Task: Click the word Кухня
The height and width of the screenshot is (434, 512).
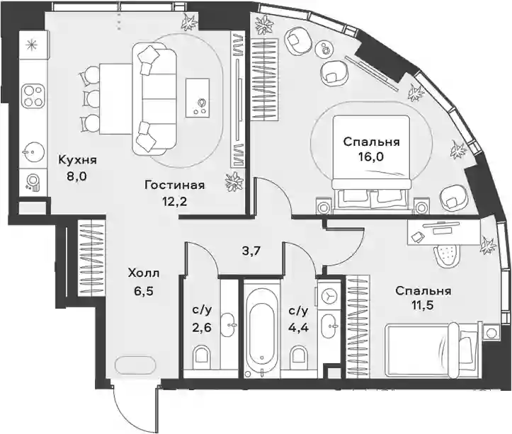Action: pos(77,160)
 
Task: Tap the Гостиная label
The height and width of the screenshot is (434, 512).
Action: pos(175,185)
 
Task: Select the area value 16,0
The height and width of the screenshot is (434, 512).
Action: pos(371,157)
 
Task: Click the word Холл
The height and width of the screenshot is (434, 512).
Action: pos(144,273)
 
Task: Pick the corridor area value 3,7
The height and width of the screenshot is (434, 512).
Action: pos(250,252)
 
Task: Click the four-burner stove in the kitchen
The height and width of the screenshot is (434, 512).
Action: pos(33,96)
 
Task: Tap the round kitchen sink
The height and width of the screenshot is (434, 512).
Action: pos(33,152)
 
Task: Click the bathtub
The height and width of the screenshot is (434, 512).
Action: pos(262,329)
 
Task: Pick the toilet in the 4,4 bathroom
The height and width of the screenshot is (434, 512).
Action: pos(298,358)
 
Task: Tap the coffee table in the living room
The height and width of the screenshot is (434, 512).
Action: pos(198,98)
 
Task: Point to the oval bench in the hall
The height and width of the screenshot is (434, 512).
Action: pos(135,363)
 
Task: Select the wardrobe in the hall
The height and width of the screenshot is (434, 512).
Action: pos(91,258)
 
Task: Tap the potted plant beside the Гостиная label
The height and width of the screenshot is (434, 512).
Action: pos(234,182)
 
